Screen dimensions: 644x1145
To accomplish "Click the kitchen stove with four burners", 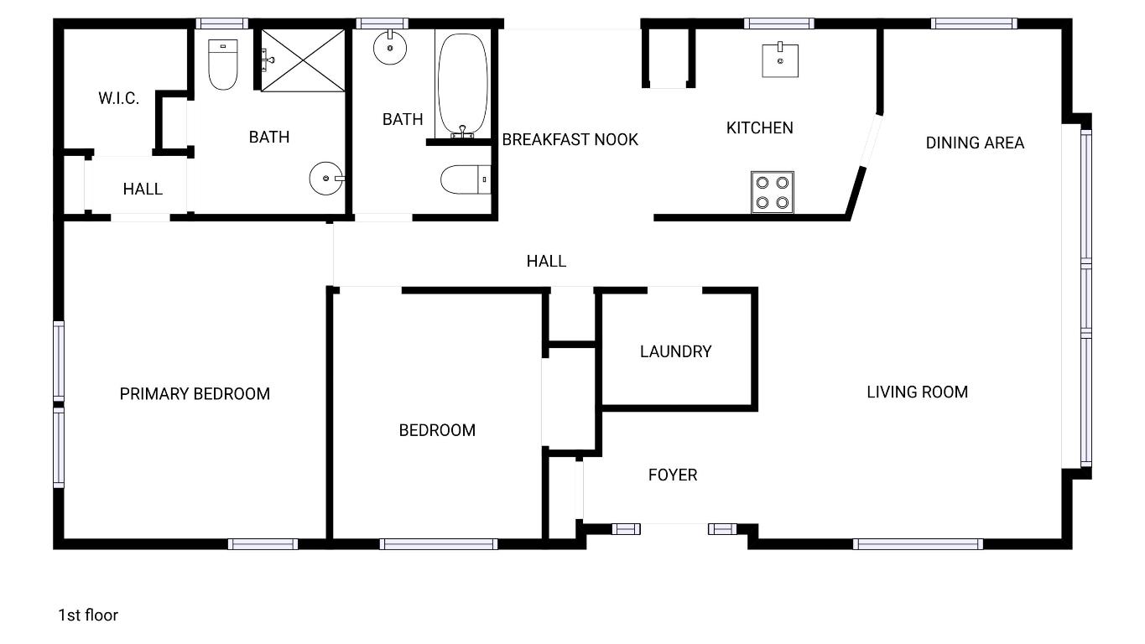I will click(x=773, y=192).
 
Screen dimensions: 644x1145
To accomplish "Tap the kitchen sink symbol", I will click(x=780, y=60).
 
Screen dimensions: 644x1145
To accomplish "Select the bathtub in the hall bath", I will click(x=461, y=84).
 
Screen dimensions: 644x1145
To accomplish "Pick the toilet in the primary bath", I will click(x=223, y=64).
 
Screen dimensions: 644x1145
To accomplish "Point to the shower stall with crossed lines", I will click(x=304, y=60).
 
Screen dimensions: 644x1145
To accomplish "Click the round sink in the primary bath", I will click(x=326, y=179).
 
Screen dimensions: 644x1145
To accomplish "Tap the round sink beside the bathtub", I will click(x=390, y=48).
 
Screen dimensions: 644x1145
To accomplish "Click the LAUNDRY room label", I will click(x=675, y=351).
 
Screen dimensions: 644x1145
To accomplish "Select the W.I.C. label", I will click(x=118, y=98).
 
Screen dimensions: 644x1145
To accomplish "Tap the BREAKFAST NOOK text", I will click(x=570, y=139).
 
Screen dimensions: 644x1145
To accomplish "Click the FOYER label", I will click(x=672, y=475).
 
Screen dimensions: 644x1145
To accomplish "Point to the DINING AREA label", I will click(x=975, y=143).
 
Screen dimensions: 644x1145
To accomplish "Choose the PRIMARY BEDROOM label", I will click(x=195, y=393).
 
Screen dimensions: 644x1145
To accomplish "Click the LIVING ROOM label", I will click(x=917, y=392).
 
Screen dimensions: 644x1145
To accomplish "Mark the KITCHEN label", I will click(x=759, y=127).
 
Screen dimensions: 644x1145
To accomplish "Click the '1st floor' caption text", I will click(x=88, y=615).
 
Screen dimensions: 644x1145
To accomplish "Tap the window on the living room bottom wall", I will click(x=918, y=543).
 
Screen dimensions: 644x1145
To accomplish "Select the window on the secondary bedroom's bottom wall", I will click(x=439, y=543).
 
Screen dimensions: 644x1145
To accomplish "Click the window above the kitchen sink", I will click(x=778, y=23).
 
